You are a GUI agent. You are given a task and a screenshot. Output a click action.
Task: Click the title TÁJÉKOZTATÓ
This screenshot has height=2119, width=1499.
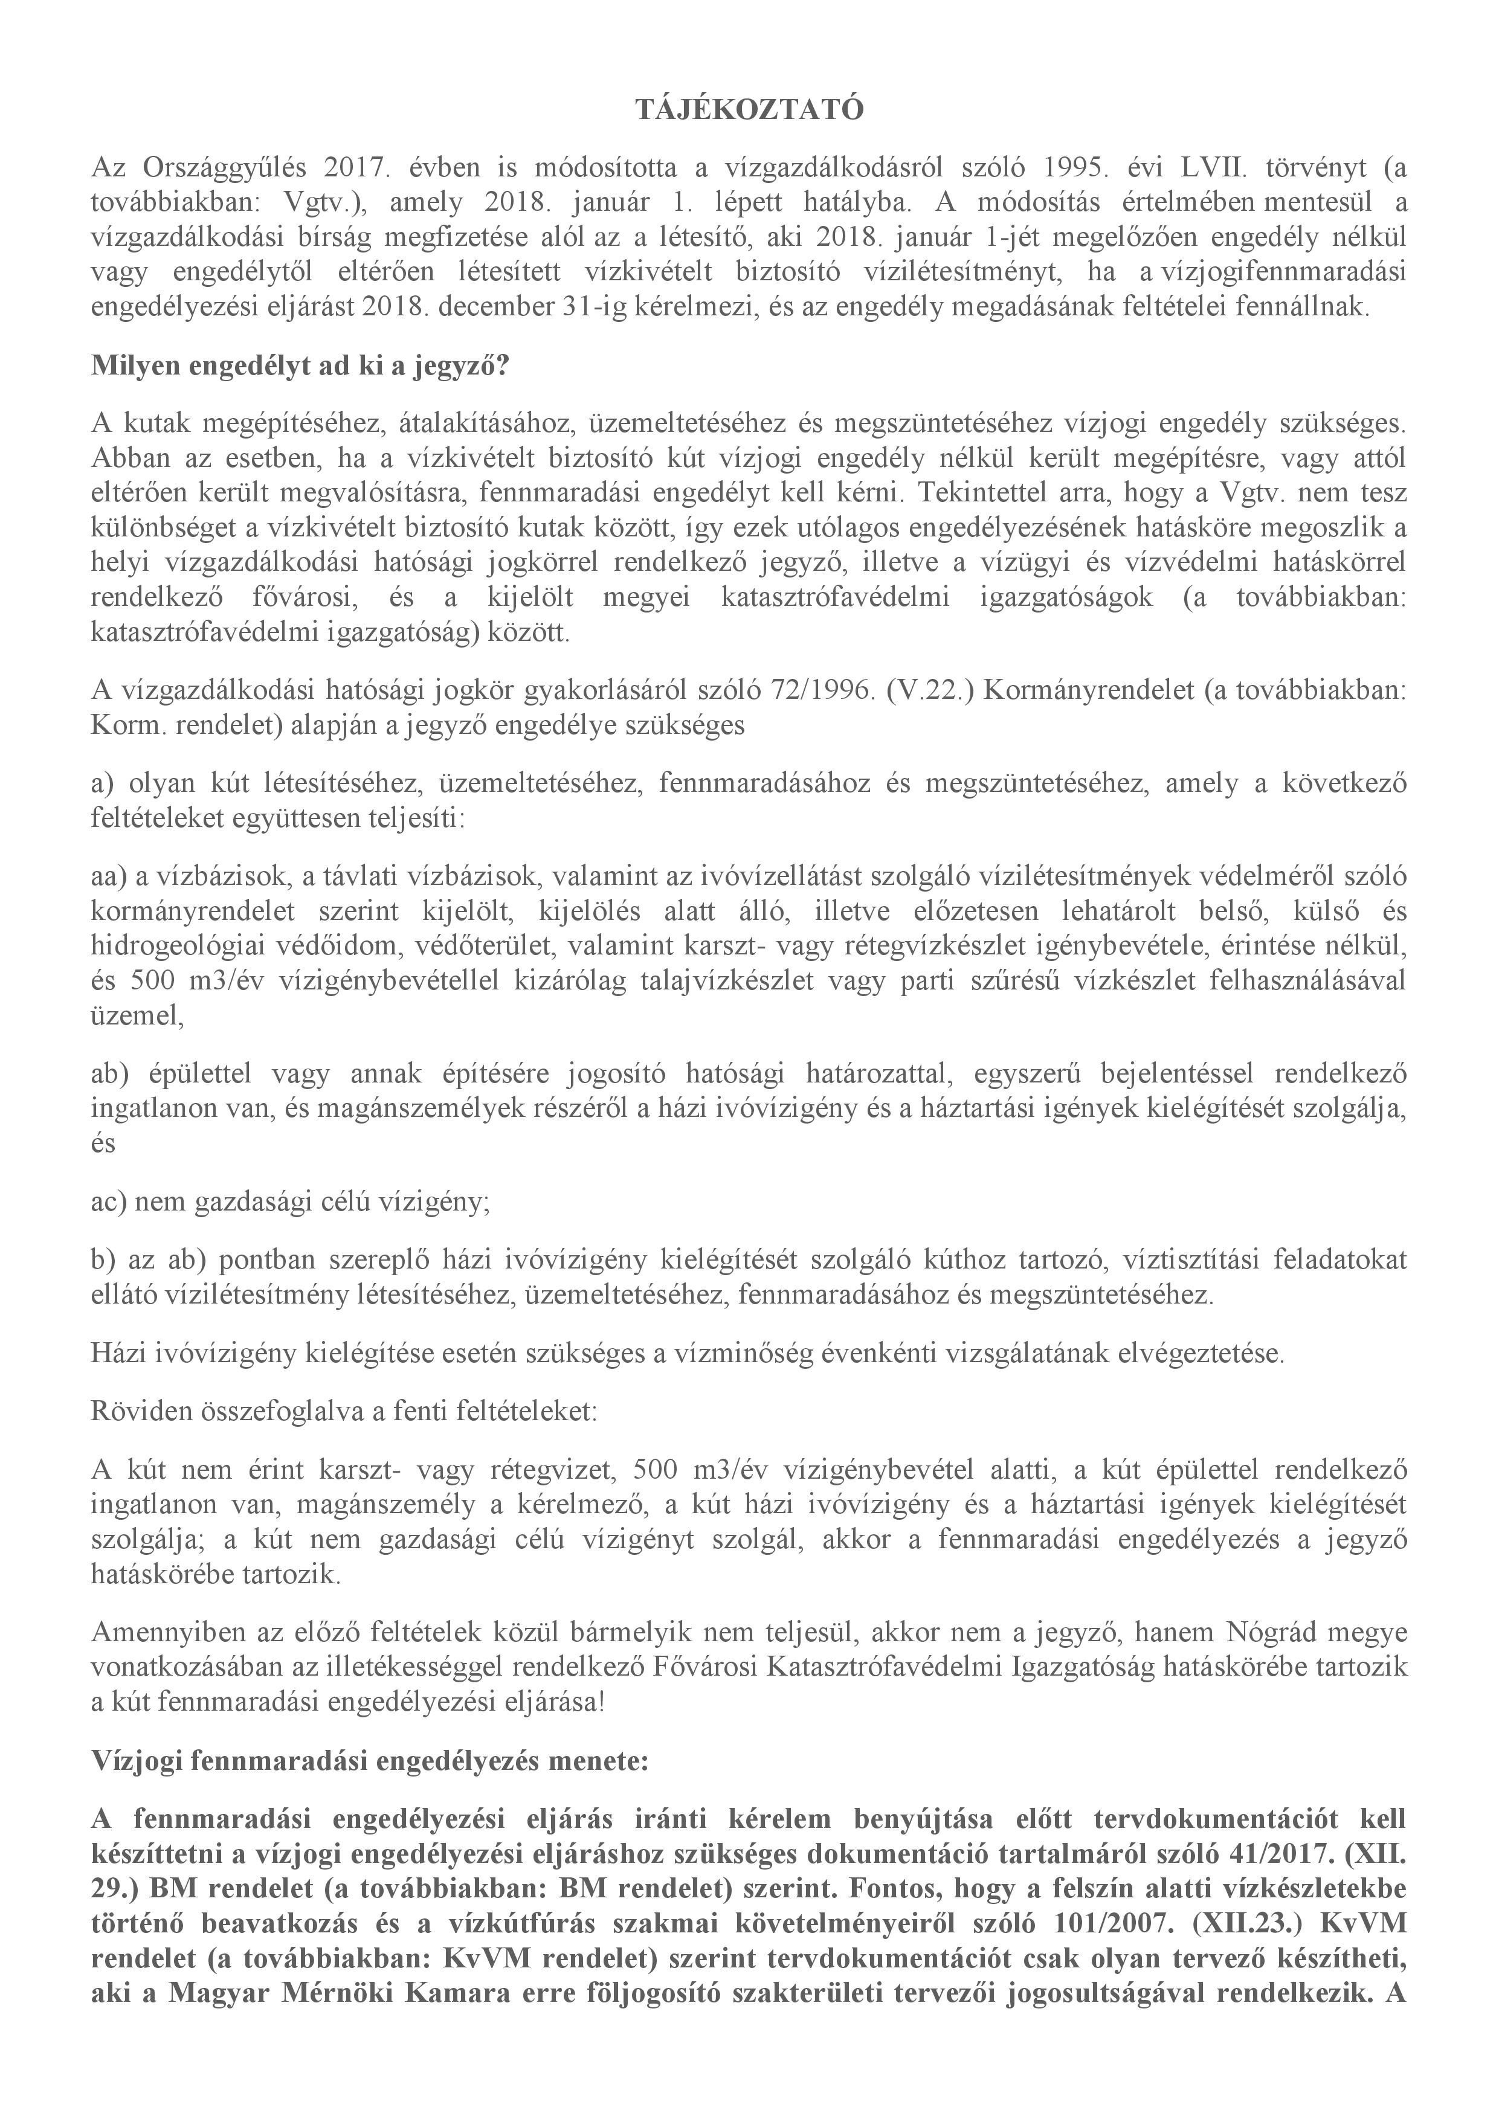[x=749, y=111]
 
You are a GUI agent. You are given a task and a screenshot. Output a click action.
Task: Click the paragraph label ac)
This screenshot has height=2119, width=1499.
[x=110, y=1201]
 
